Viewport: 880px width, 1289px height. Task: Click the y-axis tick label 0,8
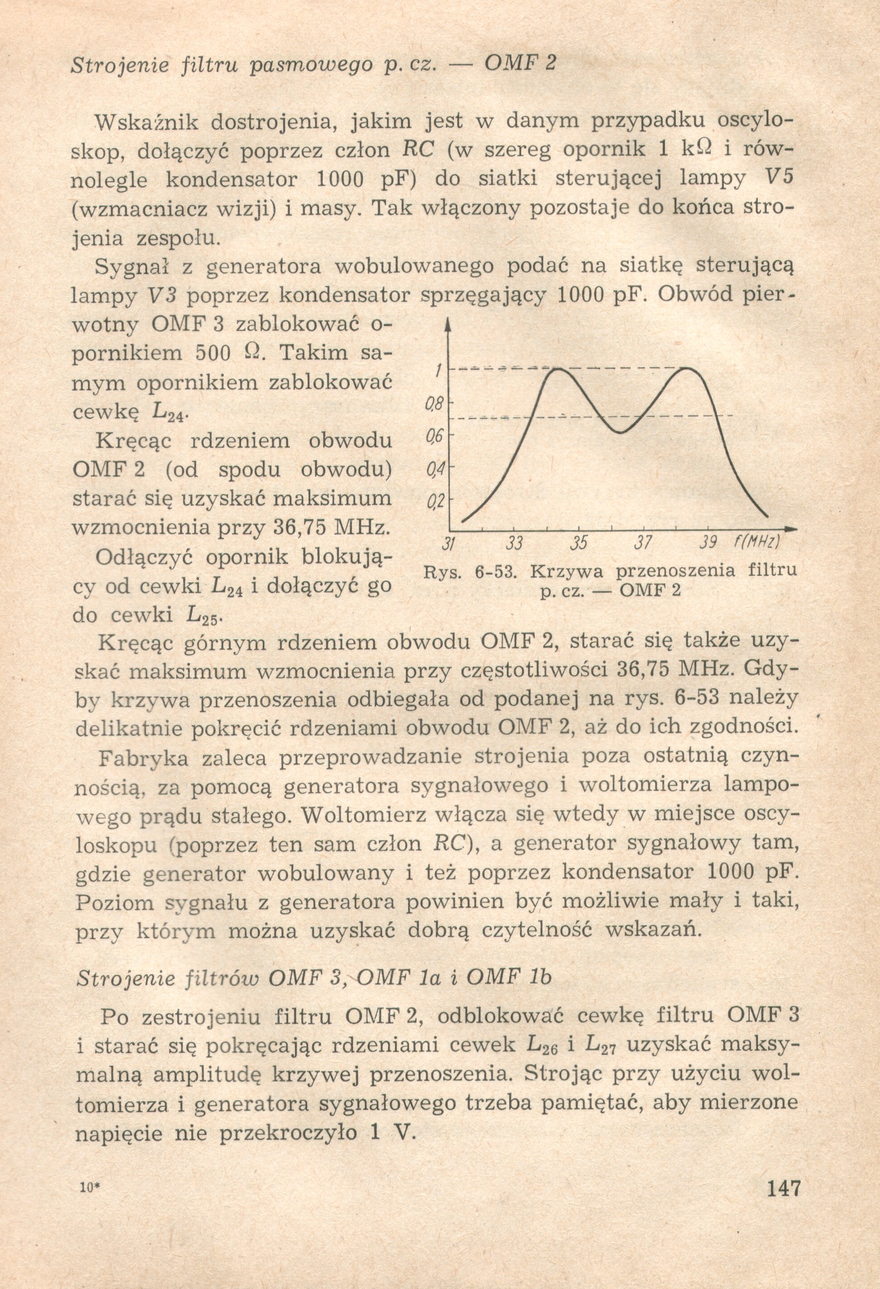(x=432, y=407)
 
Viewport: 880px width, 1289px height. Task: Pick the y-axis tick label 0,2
(x=432, y=503)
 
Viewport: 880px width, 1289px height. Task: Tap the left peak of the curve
(x=556, y=368)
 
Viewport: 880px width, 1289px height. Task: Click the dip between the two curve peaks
(x=621, y=431)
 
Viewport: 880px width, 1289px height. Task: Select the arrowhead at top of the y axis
(x=448, y=324)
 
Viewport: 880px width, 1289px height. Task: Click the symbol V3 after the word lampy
(x=162, y=295)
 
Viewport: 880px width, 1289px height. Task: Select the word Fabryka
(x=144, y=758)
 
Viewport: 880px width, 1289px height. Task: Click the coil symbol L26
(x=541, y=1046)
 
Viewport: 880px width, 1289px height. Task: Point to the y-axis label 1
(x=438, y=371)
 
